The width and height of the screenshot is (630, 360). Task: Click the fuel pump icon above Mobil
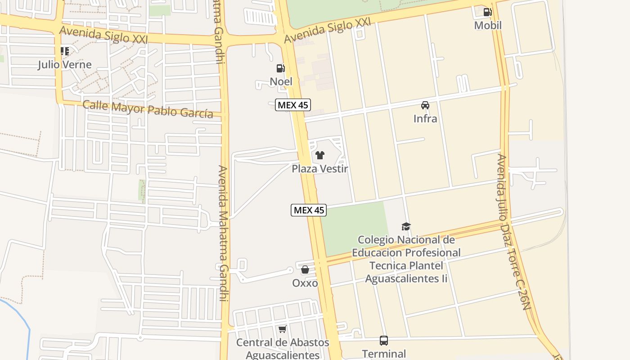487,12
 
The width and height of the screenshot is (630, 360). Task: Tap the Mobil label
488,25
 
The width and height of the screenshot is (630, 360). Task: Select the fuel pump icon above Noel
280,68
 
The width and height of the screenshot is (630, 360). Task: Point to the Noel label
281,81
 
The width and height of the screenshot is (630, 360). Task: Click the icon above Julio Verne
65,51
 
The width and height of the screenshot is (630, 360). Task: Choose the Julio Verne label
65,64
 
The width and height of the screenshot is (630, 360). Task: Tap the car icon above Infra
425,105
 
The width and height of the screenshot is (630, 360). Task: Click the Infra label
425,118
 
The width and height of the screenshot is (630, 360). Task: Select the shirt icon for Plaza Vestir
319,156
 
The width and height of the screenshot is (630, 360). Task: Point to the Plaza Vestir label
320,169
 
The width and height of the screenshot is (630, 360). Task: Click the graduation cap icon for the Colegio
406,226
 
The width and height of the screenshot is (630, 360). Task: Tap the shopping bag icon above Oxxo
305,270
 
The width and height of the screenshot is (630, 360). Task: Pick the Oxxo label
305,283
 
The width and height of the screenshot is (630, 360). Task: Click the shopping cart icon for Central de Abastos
282,329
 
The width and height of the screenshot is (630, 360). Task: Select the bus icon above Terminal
384,341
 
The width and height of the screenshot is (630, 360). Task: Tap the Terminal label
384,354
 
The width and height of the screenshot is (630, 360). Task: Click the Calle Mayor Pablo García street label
148,109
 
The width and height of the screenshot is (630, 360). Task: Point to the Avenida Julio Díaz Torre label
513,232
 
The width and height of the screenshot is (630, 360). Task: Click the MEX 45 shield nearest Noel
293,105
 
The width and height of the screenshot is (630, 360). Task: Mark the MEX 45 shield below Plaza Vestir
308,210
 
